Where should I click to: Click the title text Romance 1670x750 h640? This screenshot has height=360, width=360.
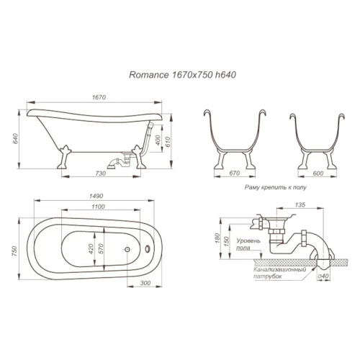tap(182, 75)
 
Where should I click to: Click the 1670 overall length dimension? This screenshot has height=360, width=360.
tap(99, 97)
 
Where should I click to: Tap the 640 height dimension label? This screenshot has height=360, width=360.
tap(15, 138)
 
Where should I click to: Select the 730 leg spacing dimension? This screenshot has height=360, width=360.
tap(100, 173)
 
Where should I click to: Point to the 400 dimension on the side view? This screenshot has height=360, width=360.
tap(158, 140)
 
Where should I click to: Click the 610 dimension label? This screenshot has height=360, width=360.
tap(167, 142)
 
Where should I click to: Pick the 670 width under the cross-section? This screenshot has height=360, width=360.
tap(235, 173)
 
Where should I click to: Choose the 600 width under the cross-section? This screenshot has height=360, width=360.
tap(318, 173)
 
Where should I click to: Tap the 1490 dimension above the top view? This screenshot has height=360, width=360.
tap(96, 196)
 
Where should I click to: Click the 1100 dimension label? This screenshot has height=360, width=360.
tap(98, 207)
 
